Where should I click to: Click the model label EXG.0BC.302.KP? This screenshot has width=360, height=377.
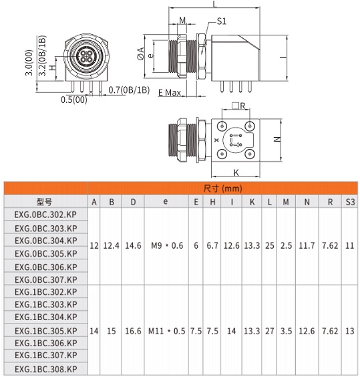coord(45,215)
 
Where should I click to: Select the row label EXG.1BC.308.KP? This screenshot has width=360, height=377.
coord(46,369)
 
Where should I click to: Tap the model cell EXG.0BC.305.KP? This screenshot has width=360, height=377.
coord(46,253)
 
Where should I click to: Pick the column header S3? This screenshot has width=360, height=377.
coord(350,202)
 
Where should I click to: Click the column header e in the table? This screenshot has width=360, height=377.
coord(166,201)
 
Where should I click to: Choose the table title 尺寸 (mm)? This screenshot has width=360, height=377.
coord(222,188)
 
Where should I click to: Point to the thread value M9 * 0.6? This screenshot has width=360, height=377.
coord(167,246)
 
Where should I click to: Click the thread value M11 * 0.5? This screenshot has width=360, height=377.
coord(166,331)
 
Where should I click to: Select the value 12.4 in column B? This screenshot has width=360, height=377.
coord(112,246)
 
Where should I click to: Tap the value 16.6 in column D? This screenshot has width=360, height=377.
coord(133,331)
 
